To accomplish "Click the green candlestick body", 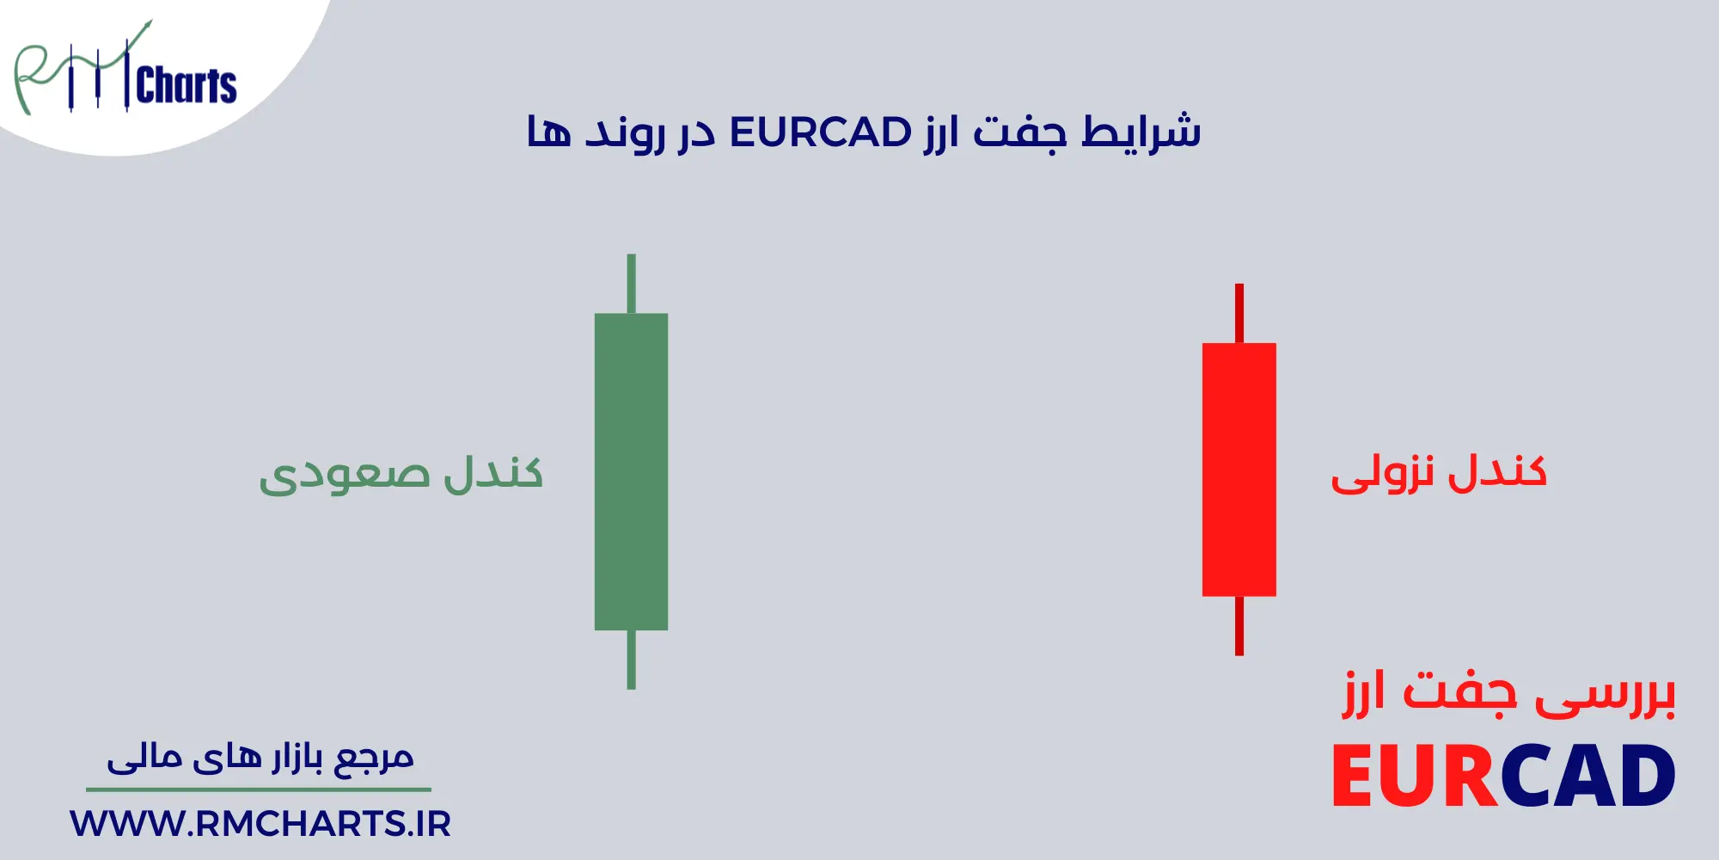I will coord(631,471).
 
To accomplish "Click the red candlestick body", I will coord(1239,470).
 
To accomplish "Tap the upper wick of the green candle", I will coord(631,284).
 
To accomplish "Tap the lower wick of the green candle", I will coord(631,659).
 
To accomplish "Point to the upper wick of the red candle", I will coord(1239,314).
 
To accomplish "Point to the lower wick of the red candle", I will coord(1239,625).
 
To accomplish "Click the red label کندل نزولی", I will coord(1438,473).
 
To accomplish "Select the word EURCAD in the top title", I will coord(820,133).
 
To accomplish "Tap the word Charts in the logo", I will coord(186,86).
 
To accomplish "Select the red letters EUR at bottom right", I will coord(1415,777).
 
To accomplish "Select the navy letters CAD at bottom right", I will coord(1588,777).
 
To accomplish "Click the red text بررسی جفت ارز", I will coord(1509,695).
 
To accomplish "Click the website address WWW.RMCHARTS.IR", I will coord(260,824).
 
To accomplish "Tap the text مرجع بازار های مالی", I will coord(260,757).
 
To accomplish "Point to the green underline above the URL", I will coord(258,789).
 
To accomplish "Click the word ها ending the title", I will coord(548,133).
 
